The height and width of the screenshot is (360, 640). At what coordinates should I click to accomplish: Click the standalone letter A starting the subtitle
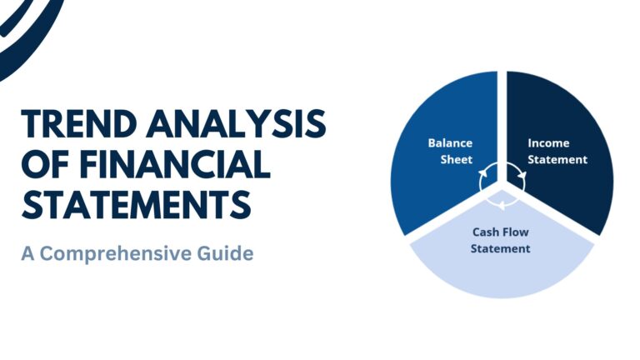(28, 252)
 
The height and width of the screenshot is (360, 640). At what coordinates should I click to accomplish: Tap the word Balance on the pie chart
(450, 142)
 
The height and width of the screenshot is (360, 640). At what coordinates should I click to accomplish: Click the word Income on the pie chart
(548, 142)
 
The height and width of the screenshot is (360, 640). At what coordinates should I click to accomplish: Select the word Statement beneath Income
(557, 158)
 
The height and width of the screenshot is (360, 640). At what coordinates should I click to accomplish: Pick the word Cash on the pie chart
(485, 232)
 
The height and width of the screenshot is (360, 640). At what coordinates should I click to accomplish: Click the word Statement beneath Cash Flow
(500, 248)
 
